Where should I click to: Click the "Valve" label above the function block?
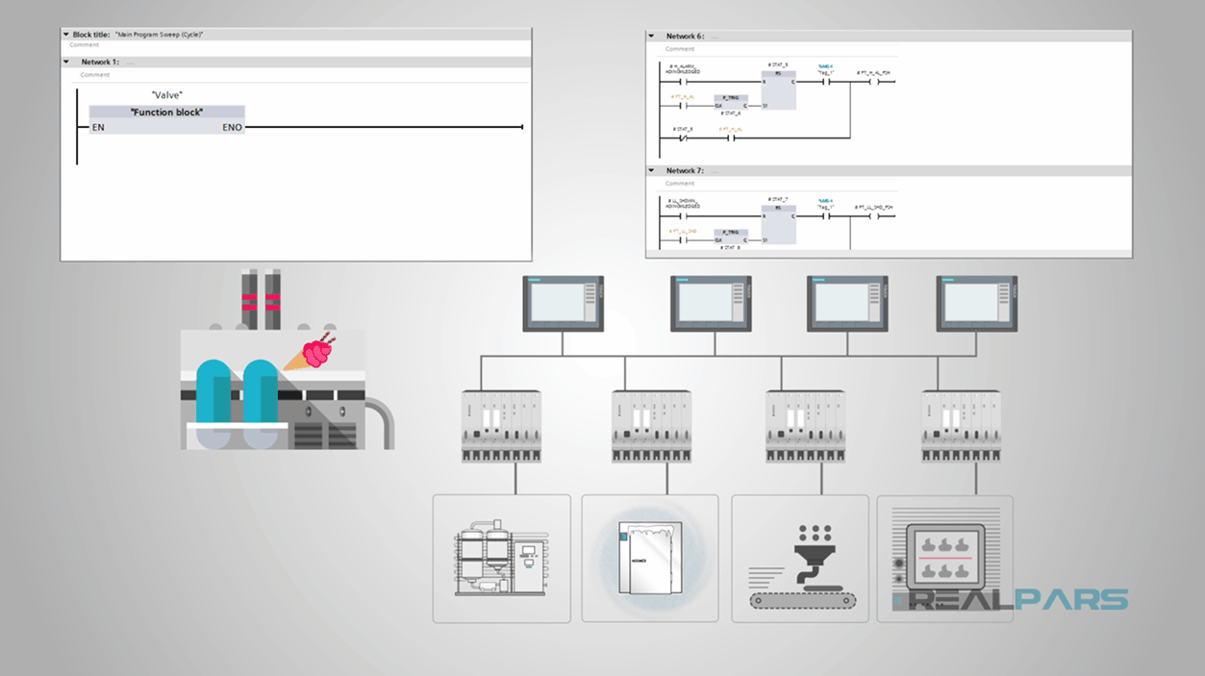(166, 95)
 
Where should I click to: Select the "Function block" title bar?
(166, 113)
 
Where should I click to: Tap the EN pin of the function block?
(97, 127)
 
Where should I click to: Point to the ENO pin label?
(233, 127)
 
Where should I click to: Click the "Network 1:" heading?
(100, 62)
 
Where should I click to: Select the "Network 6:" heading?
(685, 37)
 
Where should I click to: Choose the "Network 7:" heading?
(685, 170)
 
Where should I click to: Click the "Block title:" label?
(91, 35)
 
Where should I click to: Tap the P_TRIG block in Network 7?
(731, 236)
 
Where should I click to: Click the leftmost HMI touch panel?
(563, 303)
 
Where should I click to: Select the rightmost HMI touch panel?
(977, 303)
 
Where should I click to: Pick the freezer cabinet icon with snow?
(650, 558)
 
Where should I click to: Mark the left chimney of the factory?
(248, 299)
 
